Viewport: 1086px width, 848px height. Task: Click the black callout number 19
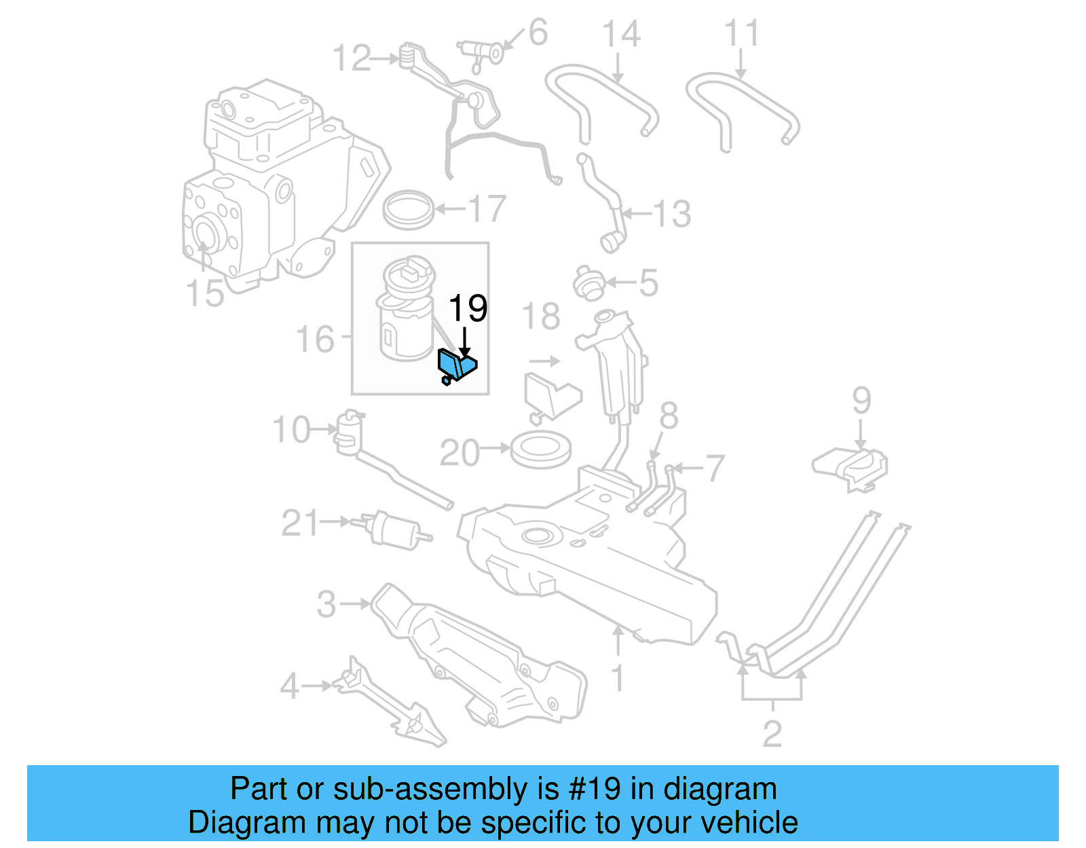click(468, 308)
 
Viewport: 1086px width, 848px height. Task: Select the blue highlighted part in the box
click(457, 366)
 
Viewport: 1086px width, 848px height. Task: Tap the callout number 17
click(487, 208)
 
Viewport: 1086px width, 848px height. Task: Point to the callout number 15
click(204, 293)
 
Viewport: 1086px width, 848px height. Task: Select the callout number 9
click(861, 401)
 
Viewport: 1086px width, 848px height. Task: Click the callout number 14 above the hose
click(621, 34)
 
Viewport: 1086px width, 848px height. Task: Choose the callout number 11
click(741, 34)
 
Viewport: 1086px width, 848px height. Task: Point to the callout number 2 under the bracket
click(772, 734)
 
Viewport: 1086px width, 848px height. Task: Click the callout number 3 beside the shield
click(326, 604)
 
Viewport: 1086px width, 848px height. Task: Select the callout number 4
click(289, 686)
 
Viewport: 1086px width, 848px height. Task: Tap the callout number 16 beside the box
click(315, 339)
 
